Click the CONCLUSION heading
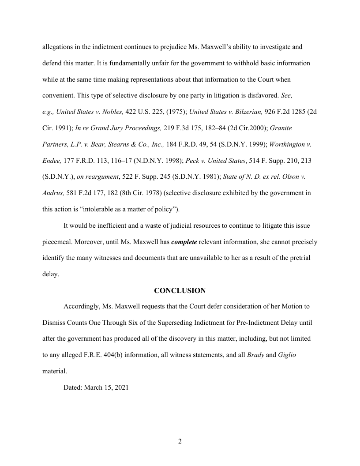(x=180, y=291)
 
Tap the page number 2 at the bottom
(x=180, y=442)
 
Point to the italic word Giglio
(x=287, y=355)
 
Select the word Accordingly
(x=81, y=306)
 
